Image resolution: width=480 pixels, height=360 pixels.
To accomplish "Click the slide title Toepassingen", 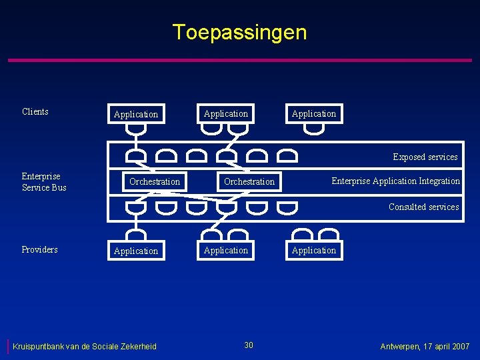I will pyautogui.click(x=239, y=32).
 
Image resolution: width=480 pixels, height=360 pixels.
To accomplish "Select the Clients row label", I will pyautogui.click(x=35, y=111).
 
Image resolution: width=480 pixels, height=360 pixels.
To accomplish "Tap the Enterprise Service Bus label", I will pyautogui.click(x=44, y=182).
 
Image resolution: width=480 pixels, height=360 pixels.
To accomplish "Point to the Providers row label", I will pyautogui.click(x=39, y=249).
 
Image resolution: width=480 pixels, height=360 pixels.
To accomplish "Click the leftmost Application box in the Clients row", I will pyautogui.click(x=136, y=114).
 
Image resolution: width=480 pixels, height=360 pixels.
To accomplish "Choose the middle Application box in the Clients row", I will pyautogui.click(x=226, y=113).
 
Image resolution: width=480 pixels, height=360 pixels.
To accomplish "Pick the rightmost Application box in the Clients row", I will pyautogui.click(x=314, y=113).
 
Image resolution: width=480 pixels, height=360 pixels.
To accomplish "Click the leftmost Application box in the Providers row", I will pyautogui.click(x=136, y=251).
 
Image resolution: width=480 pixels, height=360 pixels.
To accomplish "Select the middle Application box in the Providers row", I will pyautogui.click(x=226, y=250).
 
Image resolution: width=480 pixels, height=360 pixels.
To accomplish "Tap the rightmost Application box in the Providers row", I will pyautogui.click(x=314, y=250).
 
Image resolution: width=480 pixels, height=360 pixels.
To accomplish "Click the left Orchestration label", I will pyautogui.click(x=155, y=181).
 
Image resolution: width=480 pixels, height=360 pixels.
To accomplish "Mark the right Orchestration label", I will pyautogui.click(x=249, y=181).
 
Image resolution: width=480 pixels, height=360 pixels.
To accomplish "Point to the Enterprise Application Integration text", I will pyautogui.click(x=395, y=181).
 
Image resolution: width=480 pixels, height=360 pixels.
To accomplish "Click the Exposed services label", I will pyautogui.click(x=425, y=157).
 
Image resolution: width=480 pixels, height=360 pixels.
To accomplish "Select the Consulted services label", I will pyautogui.click(x=424, y=207).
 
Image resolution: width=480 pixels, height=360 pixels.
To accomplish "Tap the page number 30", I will pyautogui.click(x=249, y=345).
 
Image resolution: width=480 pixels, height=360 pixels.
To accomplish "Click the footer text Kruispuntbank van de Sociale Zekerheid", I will pyautogui.click(x=85, y=346).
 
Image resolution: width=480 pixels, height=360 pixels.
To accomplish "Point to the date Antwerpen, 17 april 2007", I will pyautogui.click(x=425, y=346).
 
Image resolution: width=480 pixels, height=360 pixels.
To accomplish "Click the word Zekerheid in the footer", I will pyautogui.click(x=138, y=346).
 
